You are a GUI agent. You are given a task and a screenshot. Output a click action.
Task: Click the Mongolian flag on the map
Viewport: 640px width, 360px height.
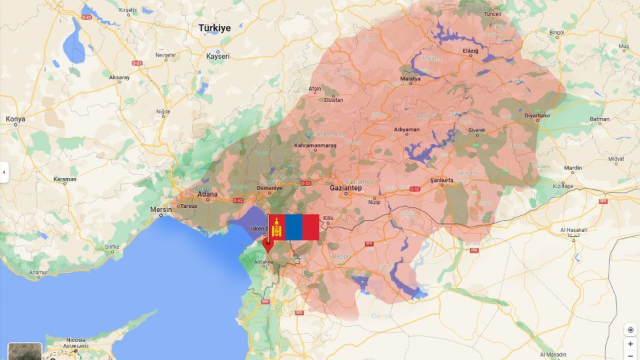[x=293, y=227]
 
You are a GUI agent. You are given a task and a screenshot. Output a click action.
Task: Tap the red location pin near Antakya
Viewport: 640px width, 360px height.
[x=268, y=244]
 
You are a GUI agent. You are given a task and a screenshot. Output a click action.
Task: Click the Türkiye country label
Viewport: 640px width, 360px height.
[x=215, y=28]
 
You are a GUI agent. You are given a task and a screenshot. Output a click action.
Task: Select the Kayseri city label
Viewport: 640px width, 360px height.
[x=218, y=56]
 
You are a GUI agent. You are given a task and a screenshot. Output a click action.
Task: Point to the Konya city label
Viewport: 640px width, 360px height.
[x=15, y=119]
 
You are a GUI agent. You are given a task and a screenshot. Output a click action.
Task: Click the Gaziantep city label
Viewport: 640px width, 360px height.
[x=345, y=188]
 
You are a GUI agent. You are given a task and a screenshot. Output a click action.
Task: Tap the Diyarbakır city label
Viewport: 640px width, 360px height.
[x=538, y=115]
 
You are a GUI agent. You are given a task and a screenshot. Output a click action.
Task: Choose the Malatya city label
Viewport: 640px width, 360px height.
[x=410, y=79]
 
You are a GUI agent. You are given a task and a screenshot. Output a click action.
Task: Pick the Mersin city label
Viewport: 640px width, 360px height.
[x=161, y=209]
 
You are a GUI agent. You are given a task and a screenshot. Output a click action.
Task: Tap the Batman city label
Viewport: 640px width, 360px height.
[x=599, y=119]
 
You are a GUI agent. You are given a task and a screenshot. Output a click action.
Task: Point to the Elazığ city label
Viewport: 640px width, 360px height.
[x=471, y=51]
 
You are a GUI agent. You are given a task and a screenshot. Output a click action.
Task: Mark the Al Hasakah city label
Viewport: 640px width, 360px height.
[x=573, y=230]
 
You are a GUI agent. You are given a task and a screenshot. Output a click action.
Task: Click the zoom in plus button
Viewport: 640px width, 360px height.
[x=630, y=344]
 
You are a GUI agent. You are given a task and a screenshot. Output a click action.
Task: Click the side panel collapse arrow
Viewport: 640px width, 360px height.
[x=4, y=172]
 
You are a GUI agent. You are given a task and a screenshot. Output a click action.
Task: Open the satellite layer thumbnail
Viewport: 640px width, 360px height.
[x=25, y=351]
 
